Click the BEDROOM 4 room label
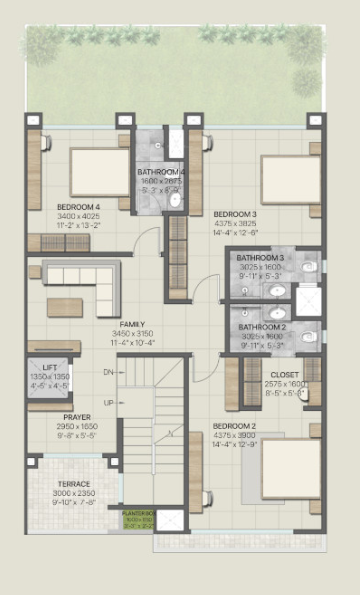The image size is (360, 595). [x=76, y=207]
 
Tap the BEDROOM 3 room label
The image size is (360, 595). [x=234, y=214]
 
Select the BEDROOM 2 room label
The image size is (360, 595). [x=234, y=425]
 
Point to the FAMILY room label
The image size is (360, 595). [x=132, y=325]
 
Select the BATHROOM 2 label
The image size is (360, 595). [x=261, y=327]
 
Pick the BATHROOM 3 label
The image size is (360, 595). [x=261, y=258]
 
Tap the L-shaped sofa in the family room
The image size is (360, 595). [x=83, y=283]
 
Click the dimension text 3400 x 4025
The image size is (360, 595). [x=76, y=217]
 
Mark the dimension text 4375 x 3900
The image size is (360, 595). [x=234, y=434]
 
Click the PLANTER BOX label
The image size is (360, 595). [x=137, y=513]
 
